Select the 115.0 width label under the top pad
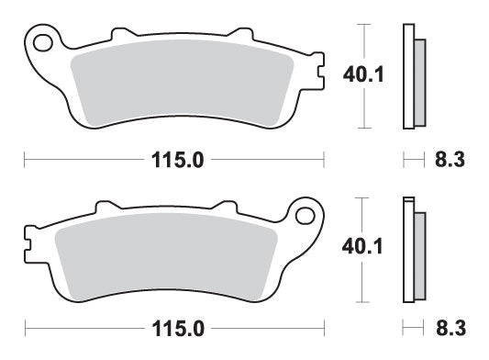pyautogui.click(x=175, y=160)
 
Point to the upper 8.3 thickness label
pyautogui.click(x=448, y=160)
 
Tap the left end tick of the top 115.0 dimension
pyautogui.click(x=24, y=160)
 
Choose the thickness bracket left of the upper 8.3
pyautogui.click(x=411, y=160)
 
